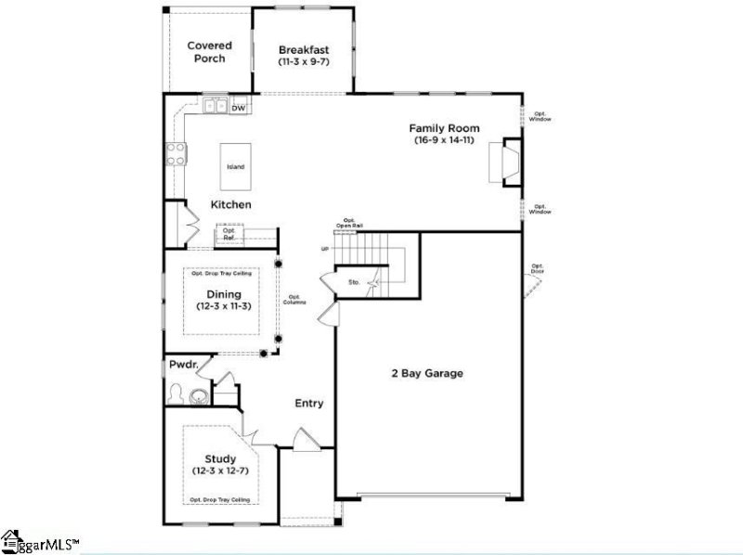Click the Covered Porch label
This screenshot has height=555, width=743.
tap(209, 51)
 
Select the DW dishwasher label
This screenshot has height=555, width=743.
tap(239, 109)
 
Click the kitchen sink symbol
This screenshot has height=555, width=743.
tap(215, 106)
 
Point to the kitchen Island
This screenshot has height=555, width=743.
tap(235, 167)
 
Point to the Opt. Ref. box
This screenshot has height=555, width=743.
tap(229, 235)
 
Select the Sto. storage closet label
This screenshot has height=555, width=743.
tap(354, 280)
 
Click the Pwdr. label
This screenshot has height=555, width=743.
tap(181, 368)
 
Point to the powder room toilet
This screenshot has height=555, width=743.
tap(176, 394)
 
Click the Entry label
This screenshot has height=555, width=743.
tap(309, 403)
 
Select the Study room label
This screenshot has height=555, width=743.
tap(221, 458)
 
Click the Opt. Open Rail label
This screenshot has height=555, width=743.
tap(351, 223)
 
